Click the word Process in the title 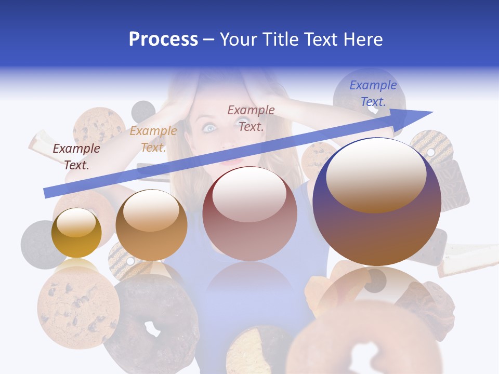(x=163, y=39)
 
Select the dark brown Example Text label (x=76, y=156)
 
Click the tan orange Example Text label (x=153, y=139)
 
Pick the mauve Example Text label (x=251, y=118)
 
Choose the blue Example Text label (x=373, y=94)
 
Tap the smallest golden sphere (x=76, y=233)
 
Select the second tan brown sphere (x=151, y=225)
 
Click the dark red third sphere (x=249, y=213)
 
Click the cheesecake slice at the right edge (x=468, y=260)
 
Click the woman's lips (x=232, y=162)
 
